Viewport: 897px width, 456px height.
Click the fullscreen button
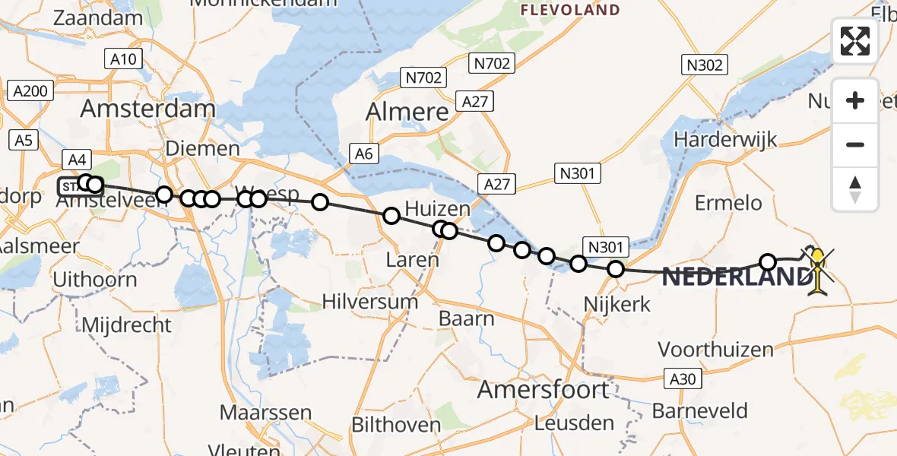(855, 41)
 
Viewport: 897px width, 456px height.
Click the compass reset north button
(855, 189)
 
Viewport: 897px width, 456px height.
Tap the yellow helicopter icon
(817, 271)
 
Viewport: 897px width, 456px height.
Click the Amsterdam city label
(147, 109)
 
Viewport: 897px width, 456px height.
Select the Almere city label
(407, 112)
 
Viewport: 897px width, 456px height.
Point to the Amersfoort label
(543, 390)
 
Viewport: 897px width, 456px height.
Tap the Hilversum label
(370, 301)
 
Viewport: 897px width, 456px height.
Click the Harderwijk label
(726, 140)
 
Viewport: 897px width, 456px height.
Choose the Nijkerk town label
(616, 304)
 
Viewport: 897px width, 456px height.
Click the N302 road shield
(704, 65)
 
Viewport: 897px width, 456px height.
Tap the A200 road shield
(30, 92)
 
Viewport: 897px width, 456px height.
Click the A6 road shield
(364, 154)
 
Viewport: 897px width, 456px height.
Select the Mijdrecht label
(126, 325)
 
